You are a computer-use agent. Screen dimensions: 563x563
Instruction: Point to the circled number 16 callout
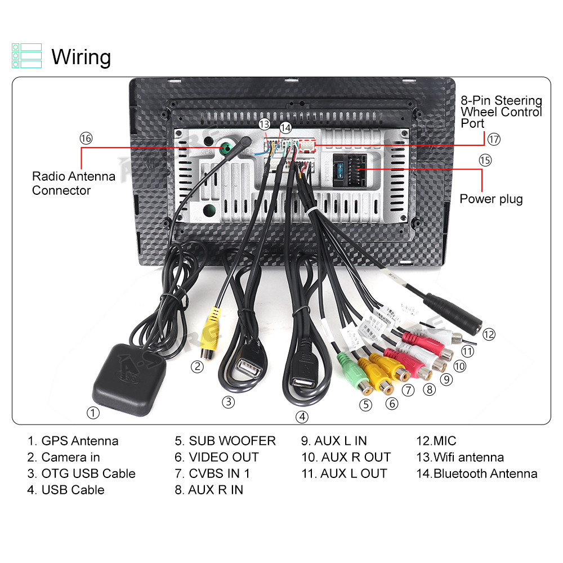click(86, 138)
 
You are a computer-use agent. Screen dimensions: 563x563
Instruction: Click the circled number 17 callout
click(494, 138)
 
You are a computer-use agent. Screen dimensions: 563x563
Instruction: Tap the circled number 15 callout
click(485, 160)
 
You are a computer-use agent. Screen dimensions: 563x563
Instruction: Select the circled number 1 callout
click(93, 413)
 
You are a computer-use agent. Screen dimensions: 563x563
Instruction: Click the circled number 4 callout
click(303, 417)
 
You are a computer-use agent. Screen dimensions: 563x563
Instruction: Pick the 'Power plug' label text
click(491, 199)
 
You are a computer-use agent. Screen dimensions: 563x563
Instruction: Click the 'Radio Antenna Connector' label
click(73, 183)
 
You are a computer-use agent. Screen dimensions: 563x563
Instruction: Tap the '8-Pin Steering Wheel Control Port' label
click(501, 111)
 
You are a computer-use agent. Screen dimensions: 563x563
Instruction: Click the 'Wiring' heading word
click(81, 57)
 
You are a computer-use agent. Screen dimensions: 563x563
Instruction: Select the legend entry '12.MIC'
click(436, 441)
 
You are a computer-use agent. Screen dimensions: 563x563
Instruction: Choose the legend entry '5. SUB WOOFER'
click(225, 441)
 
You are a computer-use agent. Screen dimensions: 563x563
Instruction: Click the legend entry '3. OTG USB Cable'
click(81, 473)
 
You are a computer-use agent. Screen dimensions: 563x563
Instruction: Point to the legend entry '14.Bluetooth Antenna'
click(476, 473)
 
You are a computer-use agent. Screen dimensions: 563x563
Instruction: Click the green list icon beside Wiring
click(26, 56)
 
